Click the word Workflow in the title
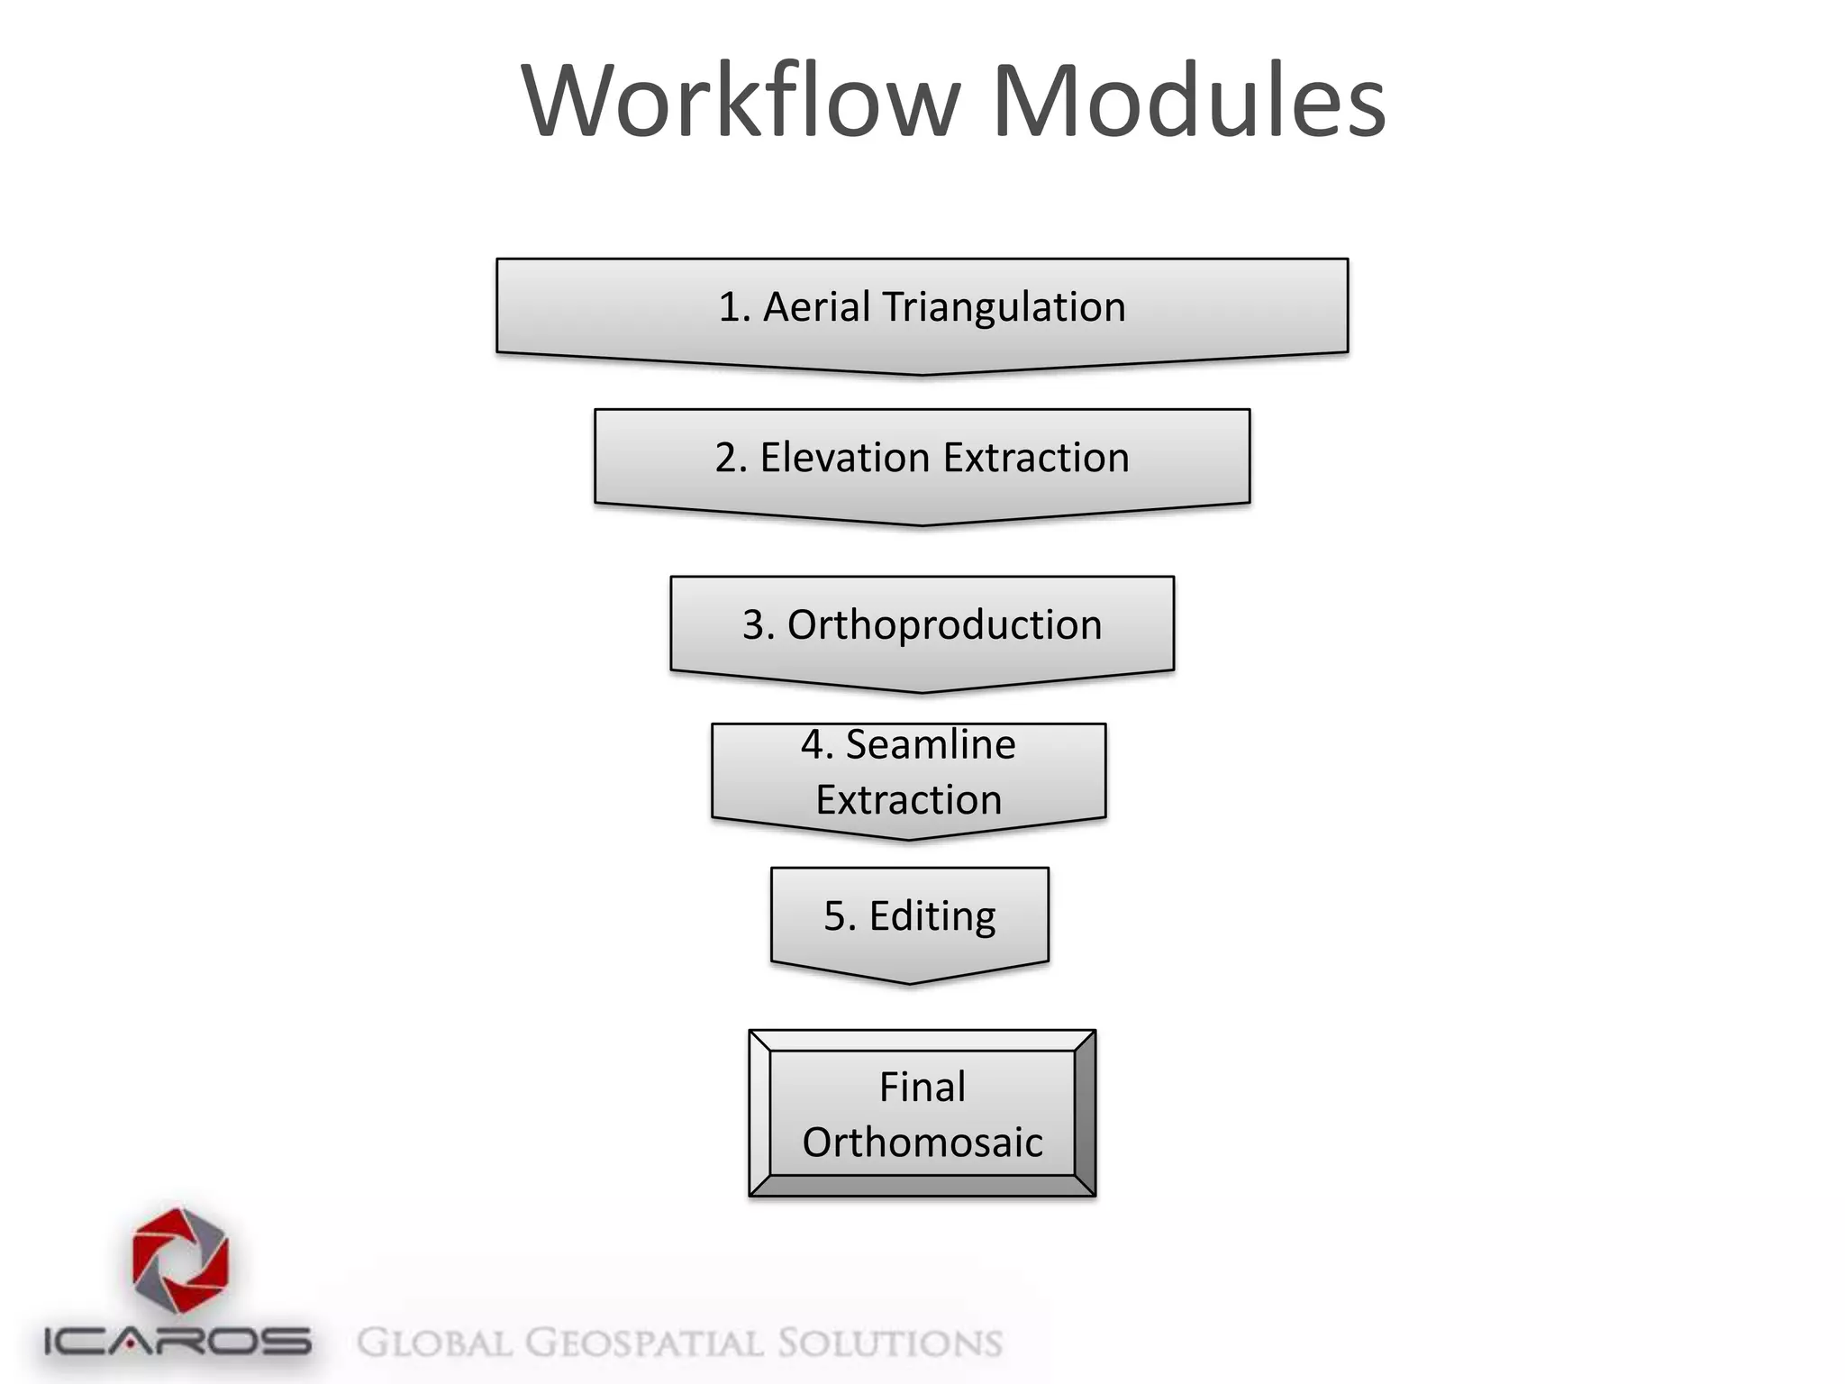741,101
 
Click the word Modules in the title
1188,101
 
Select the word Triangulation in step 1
1004,307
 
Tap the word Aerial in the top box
816,307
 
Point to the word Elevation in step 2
844,458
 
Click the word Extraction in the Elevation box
1036,458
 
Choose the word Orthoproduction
944,625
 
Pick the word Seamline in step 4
931,745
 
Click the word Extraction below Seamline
909,800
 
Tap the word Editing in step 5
932,916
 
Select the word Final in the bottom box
922,1087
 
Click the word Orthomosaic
922,1143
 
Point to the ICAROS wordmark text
177,1342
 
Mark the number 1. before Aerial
734,307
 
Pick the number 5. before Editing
840,916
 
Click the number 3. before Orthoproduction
758,625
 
